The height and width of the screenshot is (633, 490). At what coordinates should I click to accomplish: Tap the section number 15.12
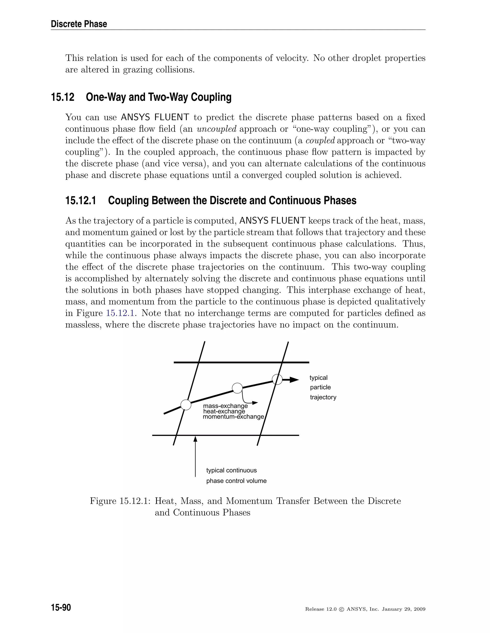coord(63,97)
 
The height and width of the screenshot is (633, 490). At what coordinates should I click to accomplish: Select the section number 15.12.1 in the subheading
coord(80,201)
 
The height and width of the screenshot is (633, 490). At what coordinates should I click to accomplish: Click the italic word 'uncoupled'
coord(217,129)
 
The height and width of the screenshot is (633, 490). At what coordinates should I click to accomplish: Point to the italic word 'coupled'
coord(320,140)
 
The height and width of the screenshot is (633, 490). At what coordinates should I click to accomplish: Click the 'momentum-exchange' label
coord(233,417)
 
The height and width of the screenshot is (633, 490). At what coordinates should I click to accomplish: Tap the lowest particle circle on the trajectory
coord(186,405)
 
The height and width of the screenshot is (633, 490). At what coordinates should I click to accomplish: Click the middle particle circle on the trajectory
coord(237,388)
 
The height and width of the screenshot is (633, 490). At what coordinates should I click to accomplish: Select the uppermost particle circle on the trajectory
coord(277,379)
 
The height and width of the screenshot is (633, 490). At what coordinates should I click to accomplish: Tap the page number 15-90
coord(61,607)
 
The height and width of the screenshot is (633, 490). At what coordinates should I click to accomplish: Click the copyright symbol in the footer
coord(341,609)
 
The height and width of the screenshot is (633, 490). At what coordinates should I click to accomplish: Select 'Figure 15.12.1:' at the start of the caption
coord(120,501)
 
